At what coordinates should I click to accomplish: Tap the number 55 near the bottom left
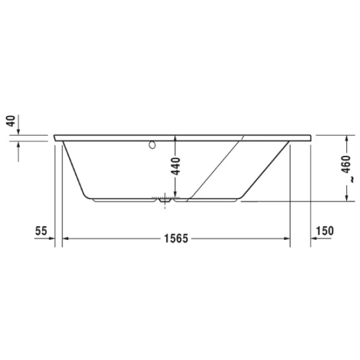pos(41,230)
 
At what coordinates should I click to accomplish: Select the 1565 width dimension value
pos(176,239)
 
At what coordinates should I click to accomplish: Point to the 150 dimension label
pos(323,230)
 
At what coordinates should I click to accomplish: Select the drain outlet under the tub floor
pos(164,202)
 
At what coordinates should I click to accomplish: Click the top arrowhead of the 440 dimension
pos(175,139)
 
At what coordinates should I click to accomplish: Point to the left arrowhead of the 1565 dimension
pos(67,239)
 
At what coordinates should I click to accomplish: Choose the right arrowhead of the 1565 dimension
pos(287,239)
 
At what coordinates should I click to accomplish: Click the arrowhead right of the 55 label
pos(52,239)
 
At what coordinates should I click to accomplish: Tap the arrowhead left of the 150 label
pos(313,239)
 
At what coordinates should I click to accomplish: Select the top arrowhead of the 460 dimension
pos(347,140)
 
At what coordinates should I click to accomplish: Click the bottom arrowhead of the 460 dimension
pos(347,199)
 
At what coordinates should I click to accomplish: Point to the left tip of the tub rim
pos(55,137)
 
